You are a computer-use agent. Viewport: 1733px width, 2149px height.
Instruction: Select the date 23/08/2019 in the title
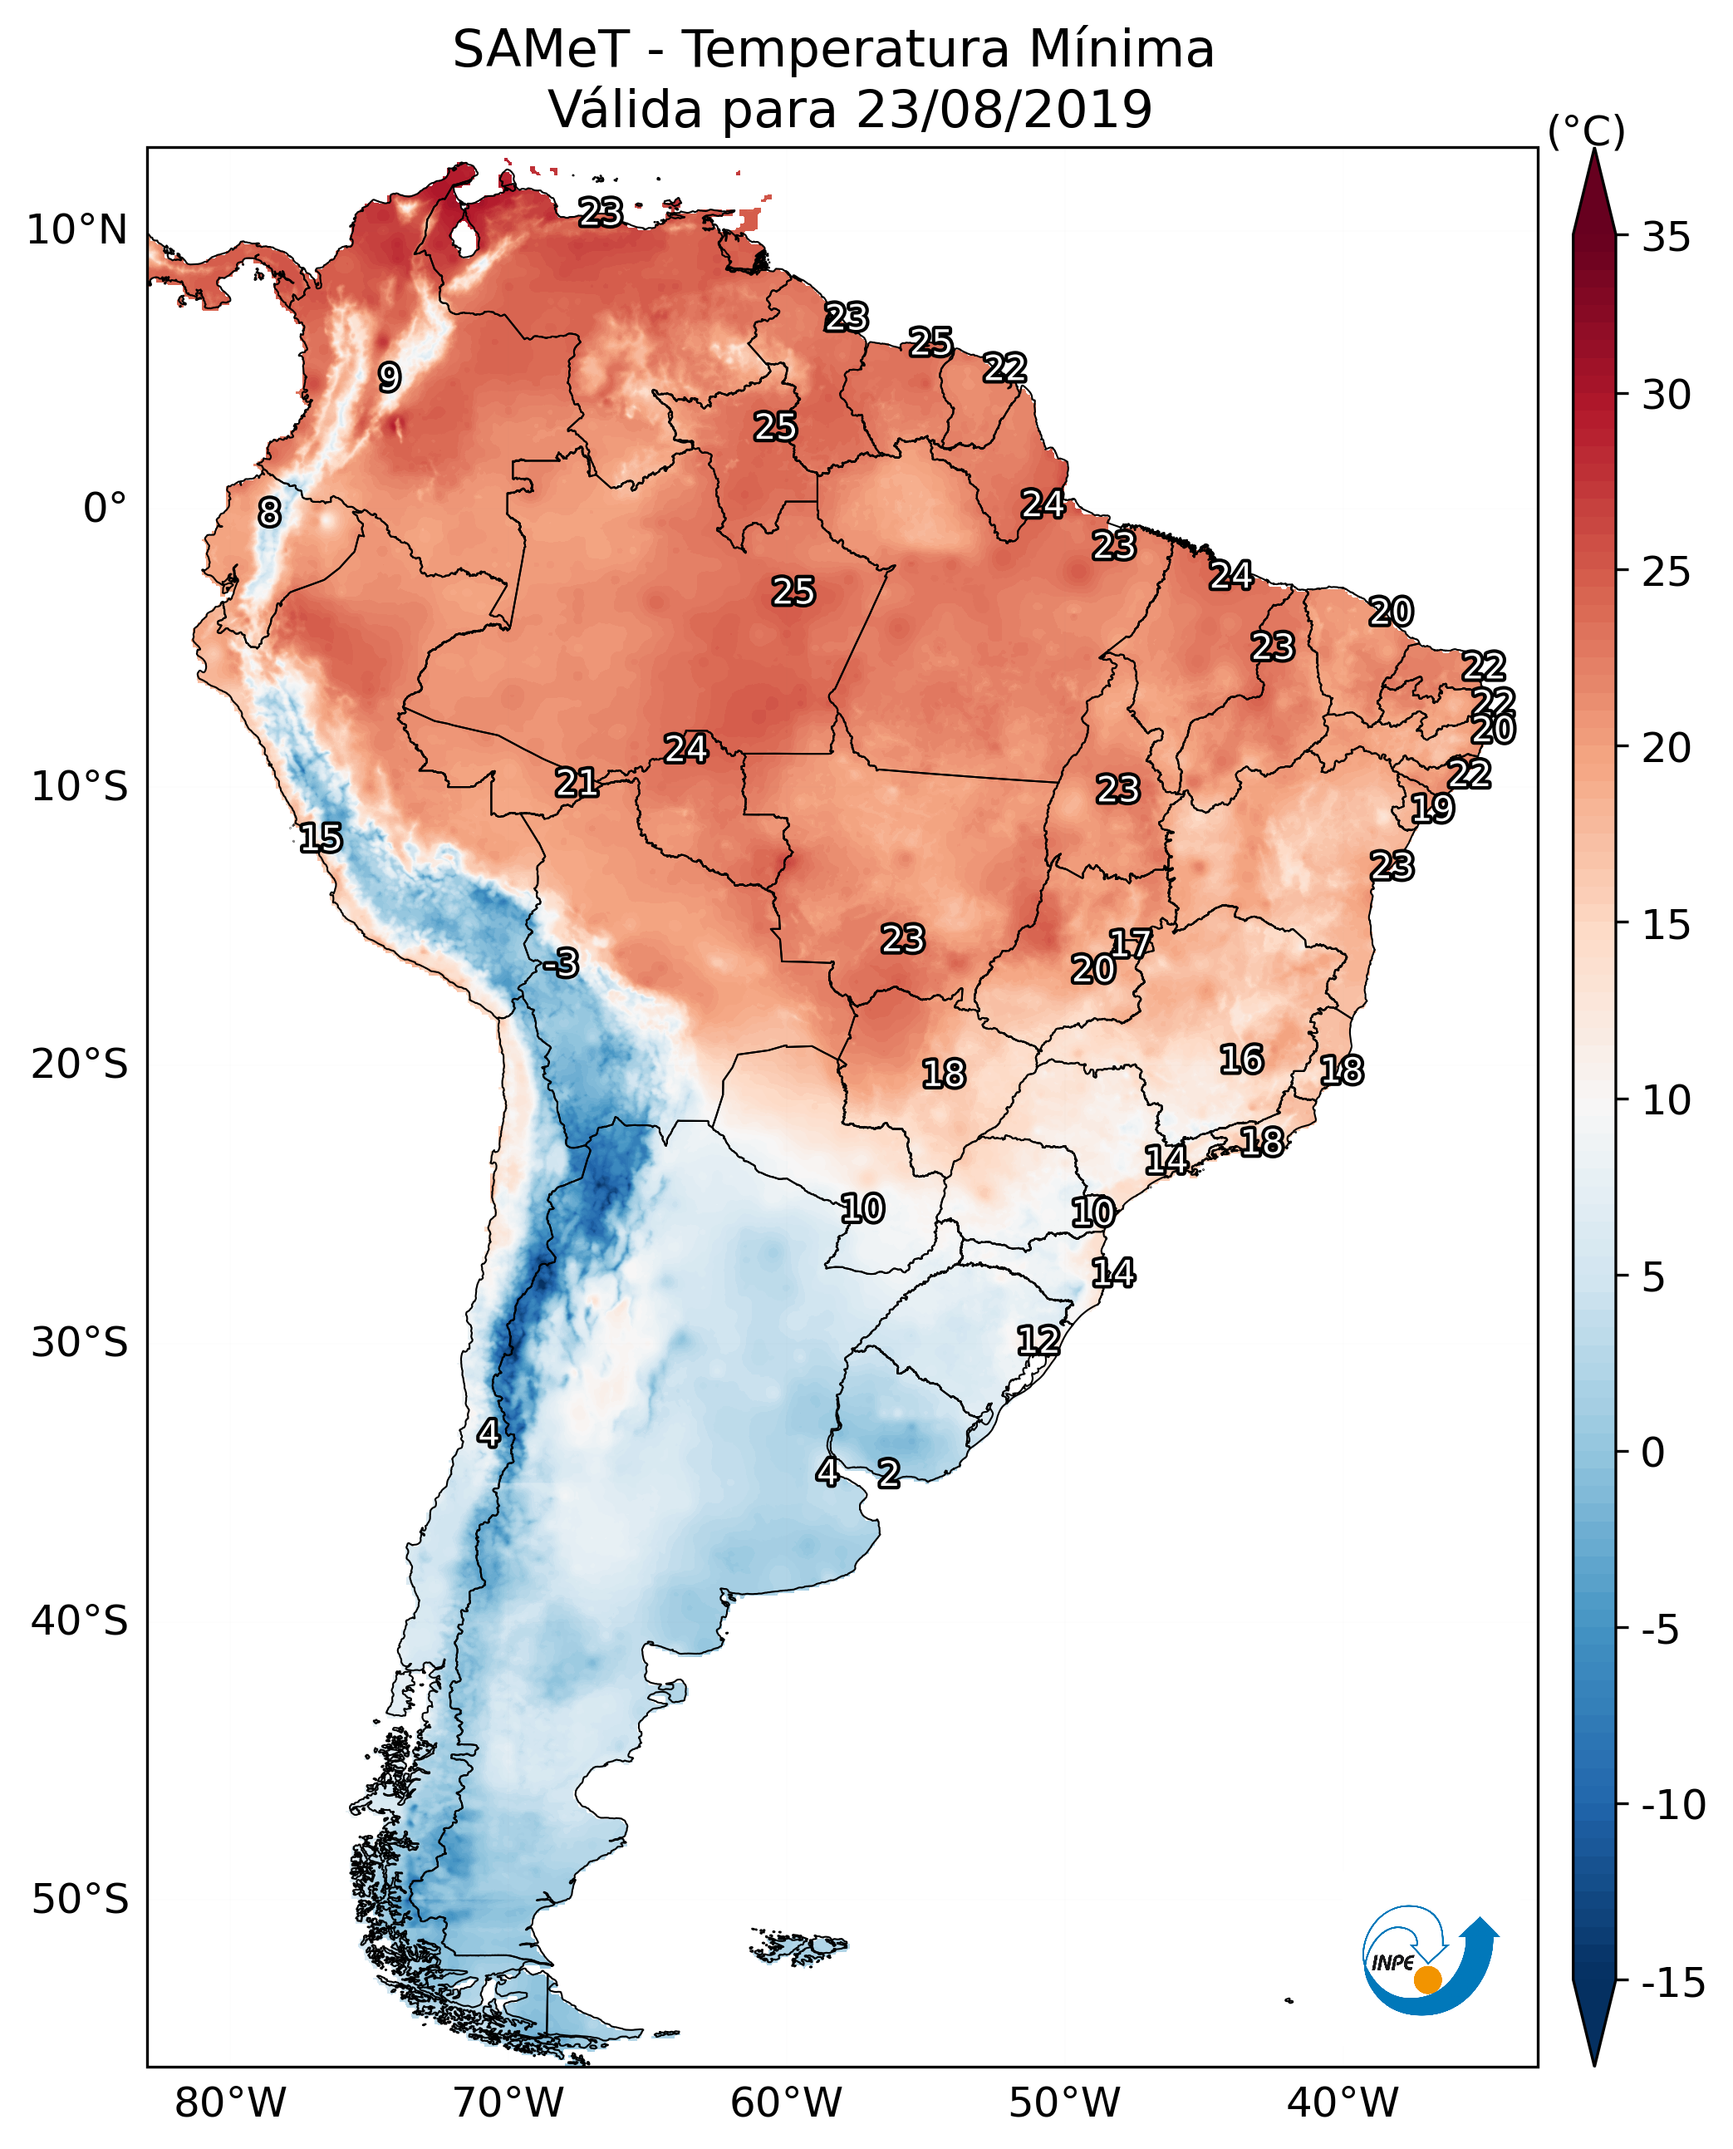click(x=1004, y=110)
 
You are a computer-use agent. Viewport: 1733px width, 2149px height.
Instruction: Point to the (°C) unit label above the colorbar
click(x=1585, y=132)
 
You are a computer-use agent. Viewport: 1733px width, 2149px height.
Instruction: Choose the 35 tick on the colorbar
click(x=1666, y=238)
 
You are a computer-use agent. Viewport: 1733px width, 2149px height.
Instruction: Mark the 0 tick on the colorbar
click(x=1653, y=1452)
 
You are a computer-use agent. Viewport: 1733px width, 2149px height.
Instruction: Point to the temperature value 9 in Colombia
click(x=390, y=377)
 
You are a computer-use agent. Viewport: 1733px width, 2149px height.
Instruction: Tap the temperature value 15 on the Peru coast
click(x=321, y=838)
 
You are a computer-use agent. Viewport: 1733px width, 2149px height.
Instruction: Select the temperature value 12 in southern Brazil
click(x=1038, y=1340)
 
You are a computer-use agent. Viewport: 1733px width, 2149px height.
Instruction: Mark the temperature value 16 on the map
click(x=1242, y=1060)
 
